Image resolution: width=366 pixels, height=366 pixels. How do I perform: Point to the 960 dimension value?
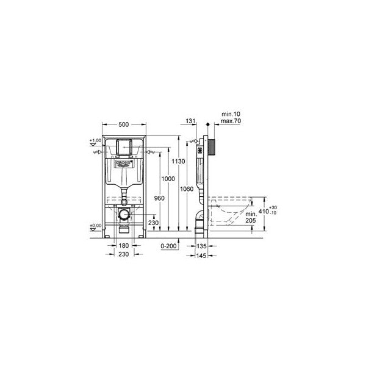click(159, 198)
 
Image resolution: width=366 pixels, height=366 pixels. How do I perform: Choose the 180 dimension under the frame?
click(123, 246)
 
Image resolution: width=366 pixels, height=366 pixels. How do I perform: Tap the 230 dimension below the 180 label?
click(123, 254)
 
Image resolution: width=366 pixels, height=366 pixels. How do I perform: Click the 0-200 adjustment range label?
click(169, 246)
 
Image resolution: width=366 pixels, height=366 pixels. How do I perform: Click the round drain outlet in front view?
click(124, 213)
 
